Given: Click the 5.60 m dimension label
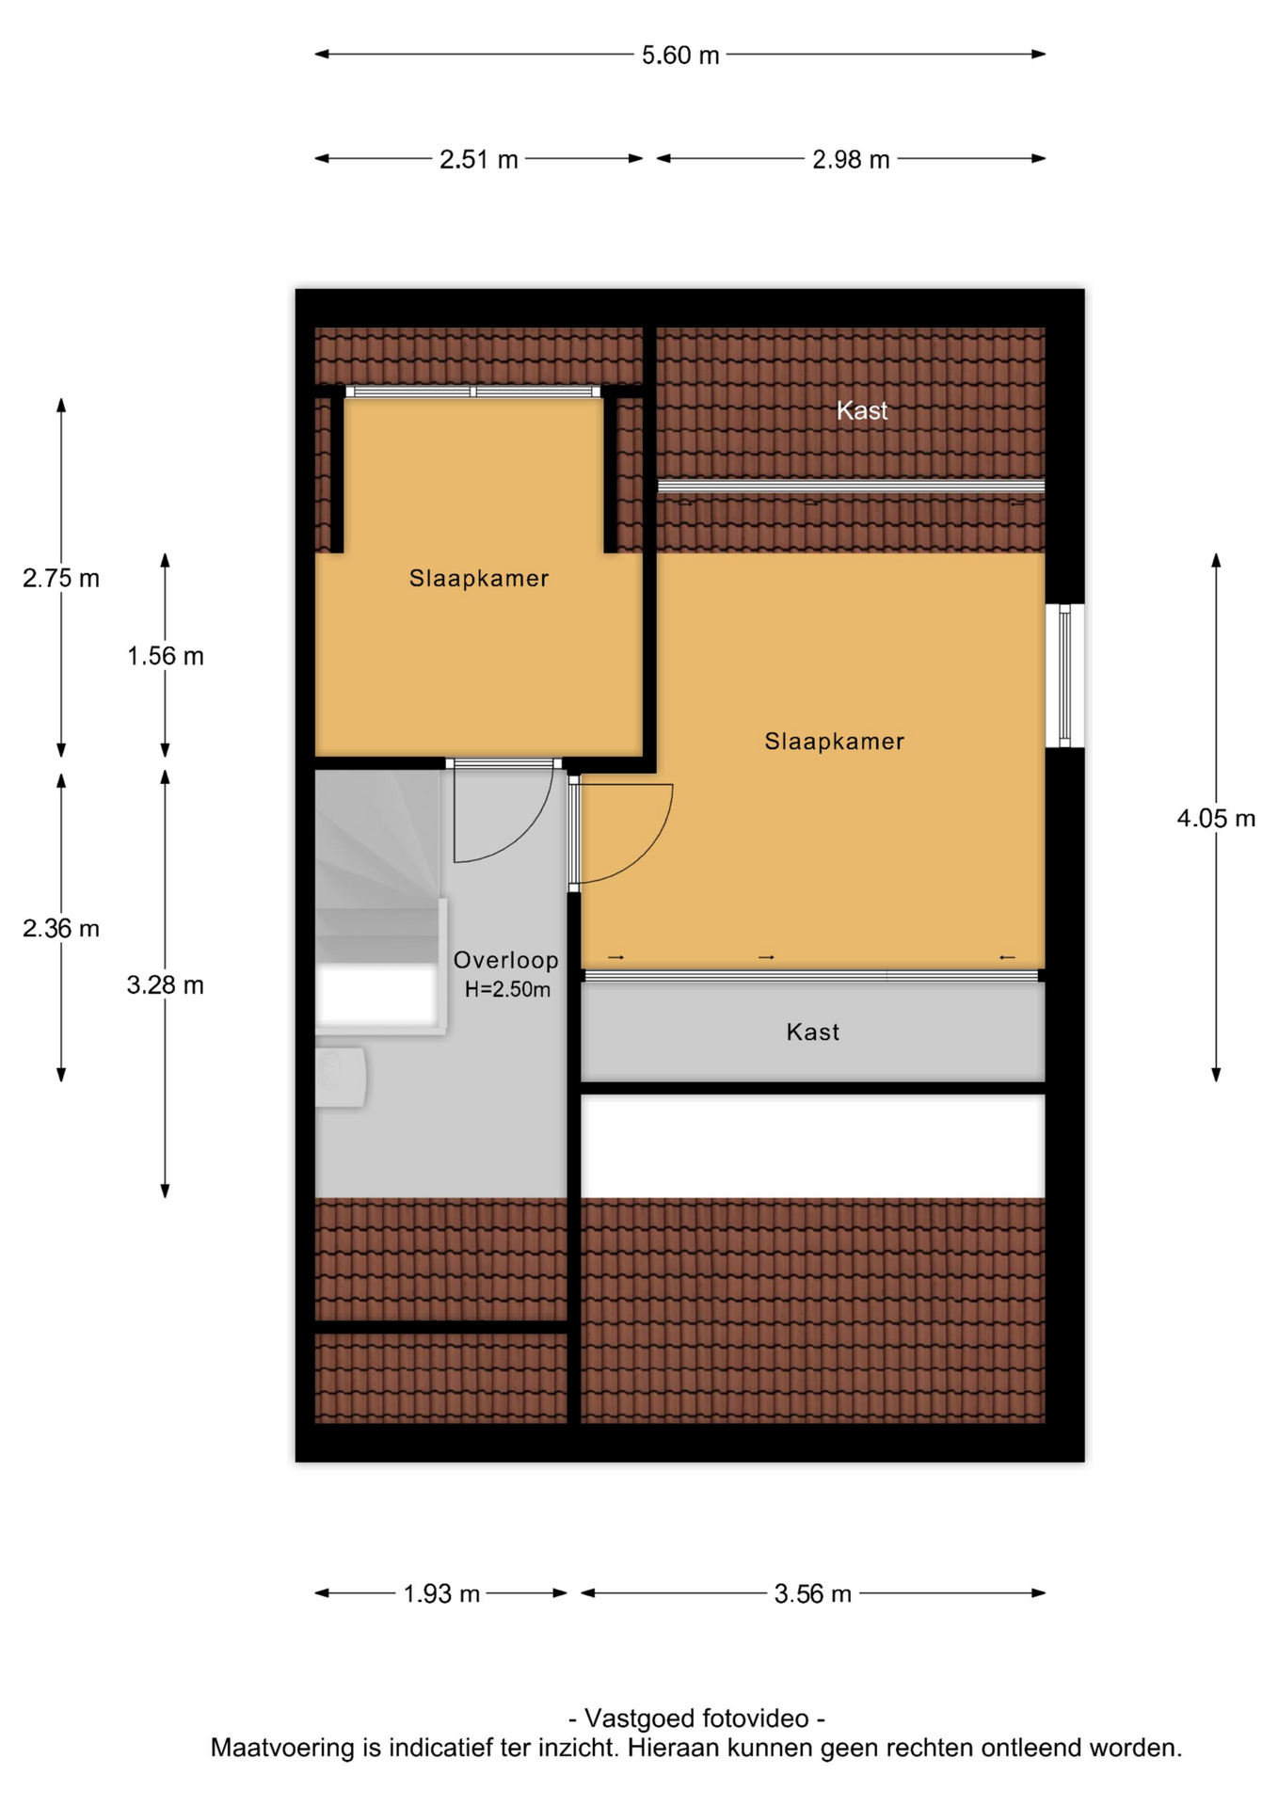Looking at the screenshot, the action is coord(680,56).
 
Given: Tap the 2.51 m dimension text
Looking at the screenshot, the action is coord(479,160).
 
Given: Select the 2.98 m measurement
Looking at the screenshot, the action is coord(851,160).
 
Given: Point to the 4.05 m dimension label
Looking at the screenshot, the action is coord(1216,819).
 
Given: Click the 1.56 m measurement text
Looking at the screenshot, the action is coord(166,656).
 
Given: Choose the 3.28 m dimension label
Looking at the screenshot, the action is coord(166,985).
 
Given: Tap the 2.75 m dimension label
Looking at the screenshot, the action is coord(61,579).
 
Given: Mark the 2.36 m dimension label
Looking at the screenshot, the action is coord(61,929).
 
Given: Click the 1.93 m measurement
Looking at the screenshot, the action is coord(441,1593).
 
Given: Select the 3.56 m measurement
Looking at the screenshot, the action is coord(813,1593).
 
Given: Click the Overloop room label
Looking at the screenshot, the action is coord(506,960).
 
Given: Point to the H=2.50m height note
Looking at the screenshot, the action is coord(507,989).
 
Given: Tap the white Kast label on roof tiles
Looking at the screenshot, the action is coord(863,410).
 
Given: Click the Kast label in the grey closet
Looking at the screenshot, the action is coord(813,1032).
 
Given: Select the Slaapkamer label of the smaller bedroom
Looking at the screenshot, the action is coord(479,579).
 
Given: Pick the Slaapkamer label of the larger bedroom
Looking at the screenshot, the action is coord(835,742).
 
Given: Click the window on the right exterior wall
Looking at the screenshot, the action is coord(1064,676).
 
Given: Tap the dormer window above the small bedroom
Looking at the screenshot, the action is coord(473,392).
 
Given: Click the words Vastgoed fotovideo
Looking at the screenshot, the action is coord(697,1719).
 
